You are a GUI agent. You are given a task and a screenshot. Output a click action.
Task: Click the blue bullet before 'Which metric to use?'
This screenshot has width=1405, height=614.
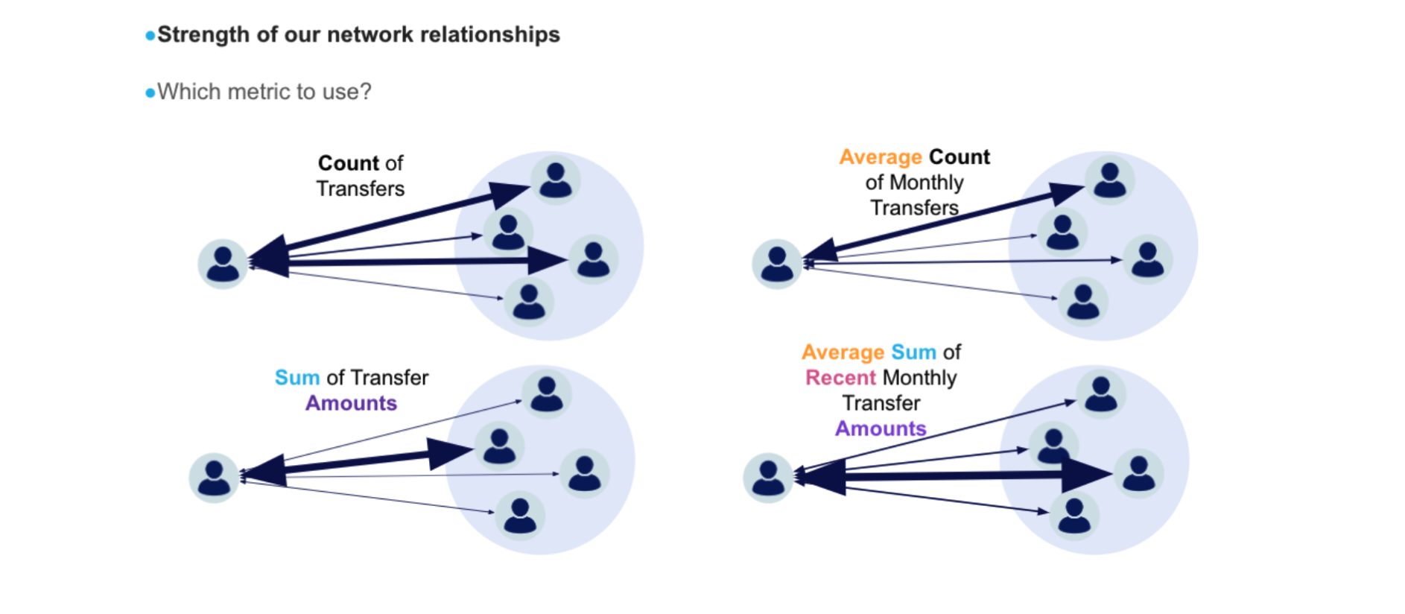pos(150,93)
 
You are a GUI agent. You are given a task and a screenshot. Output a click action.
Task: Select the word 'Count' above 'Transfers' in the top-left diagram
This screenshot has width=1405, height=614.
pos(349,163)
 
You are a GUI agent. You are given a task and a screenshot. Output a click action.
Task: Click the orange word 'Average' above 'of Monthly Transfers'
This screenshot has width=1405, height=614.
pos(881,157)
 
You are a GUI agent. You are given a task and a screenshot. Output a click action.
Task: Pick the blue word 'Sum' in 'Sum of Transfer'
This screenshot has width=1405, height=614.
pos(297,378)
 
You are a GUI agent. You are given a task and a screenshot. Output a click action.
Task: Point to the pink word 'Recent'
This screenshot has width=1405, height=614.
pos(840,378)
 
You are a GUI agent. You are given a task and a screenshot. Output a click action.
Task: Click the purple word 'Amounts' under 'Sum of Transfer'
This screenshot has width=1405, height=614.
pos(351,403)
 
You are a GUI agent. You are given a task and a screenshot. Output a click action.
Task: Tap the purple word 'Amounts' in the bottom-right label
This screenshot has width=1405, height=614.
pos(881,428)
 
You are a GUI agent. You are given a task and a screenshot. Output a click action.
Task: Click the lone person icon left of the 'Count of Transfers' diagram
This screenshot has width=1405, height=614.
pos(223,264)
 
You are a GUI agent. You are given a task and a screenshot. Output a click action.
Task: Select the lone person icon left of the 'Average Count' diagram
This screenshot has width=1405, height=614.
pos(777,264)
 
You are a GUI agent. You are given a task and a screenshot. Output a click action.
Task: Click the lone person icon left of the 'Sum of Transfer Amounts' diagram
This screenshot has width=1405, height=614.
pos(214,478)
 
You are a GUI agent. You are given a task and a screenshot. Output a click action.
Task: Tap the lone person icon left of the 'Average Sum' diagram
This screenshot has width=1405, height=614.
pos(768,478)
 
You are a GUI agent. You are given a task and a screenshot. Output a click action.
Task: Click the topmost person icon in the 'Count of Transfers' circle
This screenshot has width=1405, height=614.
pos(556,180)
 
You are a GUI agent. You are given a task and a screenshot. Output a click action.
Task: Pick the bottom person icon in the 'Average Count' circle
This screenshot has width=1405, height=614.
pos(1083,302)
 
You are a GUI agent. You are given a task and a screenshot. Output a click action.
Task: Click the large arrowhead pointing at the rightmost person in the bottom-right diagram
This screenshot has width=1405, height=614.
pos(1086,475)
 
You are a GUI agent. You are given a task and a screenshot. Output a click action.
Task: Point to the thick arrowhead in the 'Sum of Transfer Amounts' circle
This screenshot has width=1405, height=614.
pos(449,452)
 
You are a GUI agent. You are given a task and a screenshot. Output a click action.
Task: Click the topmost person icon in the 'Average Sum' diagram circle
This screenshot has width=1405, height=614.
pos(1101,393)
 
